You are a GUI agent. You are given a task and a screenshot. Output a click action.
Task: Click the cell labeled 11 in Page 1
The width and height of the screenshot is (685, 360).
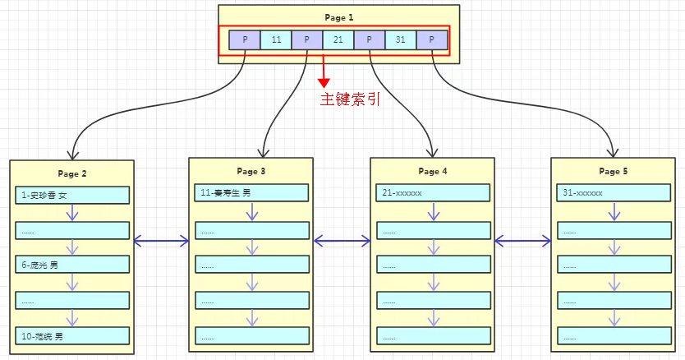point(276,40)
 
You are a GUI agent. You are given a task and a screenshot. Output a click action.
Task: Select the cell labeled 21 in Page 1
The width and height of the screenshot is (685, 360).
point(338,40)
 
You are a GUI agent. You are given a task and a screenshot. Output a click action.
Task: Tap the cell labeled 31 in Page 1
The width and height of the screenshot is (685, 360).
point(401,40)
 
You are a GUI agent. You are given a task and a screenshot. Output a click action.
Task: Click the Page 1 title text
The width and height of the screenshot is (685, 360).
point(338,17)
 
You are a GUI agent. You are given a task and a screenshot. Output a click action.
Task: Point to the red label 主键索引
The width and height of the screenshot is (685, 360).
point(349,99)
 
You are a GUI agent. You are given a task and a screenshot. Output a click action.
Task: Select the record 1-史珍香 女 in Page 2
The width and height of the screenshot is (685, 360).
point(72,195)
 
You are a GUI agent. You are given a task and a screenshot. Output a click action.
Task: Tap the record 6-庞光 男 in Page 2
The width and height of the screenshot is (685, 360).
point(72,265)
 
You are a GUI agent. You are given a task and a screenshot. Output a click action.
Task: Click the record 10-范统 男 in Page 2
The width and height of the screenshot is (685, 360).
point(72,335)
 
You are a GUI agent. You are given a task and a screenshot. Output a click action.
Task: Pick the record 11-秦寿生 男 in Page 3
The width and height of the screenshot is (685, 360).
point(251,192)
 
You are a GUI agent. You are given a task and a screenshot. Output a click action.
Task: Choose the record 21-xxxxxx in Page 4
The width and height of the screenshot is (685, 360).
point(433,192)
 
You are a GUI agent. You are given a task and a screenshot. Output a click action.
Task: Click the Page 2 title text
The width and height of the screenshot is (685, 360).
point(72,173)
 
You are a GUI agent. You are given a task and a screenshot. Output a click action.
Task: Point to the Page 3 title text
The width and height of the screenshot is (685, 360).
point(251,171)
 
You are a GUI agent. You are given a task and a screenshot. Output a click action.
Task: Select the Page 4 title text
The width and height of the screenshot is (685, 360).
point(433,171)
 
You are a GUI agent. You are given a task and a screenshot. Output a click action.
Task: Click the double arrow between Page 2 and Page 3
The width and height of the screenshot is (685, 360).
point(161,241)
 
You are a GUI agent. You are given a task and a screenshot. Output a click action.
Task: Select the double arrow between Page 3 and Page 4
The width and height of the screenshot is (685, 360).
point(342,241)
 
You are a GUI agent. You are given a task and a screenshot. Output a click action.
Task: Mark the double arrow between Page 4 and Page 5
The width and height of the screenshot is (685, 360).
point(522,241)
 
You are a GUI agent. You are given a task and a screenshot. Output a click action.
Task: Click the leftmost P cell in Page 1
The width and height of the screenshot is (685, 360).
point(245,40)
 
